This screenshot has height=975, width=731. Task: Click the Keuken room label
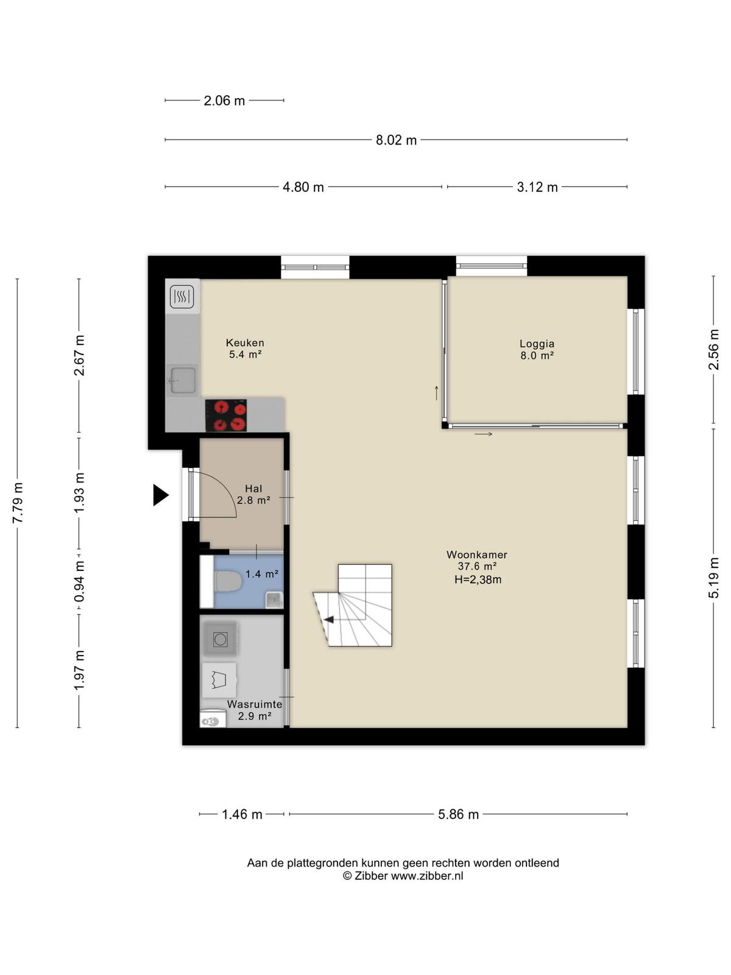tap(244, 343)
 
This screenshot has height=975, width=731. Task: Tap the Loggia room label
tap(537, 344)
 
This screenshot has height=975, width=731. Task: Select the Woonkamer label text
tap(477, 555)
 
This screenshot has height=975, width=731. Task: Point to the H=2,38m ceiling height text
tap(478, 580)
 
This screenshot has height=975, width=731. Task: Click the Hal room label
tap(253, 489)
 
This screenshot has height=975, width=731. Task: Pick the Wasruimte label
tap(254, 704)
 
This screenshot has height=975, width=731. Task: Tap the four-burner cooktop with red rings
tap(226, 416)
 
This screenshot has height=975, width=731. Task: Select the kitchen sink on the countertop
tap(182, 380)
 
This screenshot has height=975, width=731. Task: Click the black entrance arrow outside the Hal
tap(161, 495)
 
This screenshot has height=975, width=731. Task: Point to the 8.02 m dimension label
tap(396, 140)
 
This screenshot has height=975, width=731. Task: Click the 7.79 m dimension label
tap(18, 503)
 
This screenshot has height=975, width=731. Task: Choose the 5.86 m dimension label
tap(458, 815)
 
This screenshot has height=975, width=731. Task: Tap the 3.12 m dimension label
tap(537, 188)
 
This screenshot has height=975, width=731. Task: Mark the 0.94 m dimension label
tap(79, 582)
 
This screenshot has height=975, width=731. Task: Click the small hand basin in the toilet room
tap(274, 601)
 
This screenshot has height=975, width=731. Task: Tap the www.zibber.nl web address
tap(426, 876)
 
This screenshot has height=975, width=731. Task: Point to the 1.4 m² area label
tap(262, 574)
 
